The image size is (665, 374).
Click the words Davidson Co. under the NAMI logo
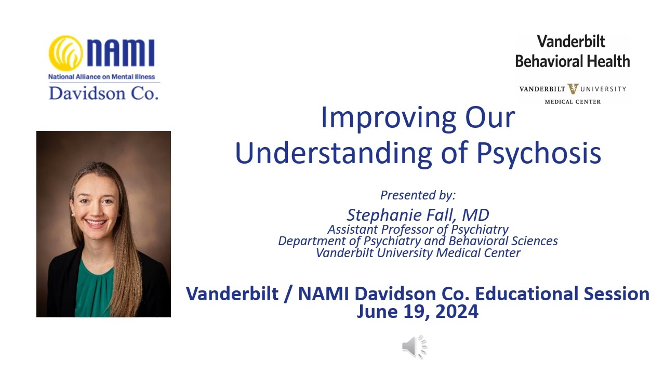coord(103,92)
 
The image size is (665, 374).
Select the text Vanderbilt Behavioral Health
coord(572,51)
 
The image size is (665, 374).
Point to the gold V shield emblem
coord(573,88)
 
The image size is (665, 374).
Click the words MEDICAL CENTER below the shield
coord(573,102)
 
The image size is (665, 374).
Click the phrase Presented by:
coord(418,195)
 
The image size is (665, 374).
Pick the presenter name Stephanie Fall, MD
coord(418,215)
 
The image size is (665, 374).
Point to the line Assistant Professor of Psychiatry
coord(418,229)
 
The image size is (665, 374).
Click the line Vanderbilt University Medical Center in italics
coord(418,253)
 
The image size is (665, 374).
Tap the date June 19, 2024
coord(417,312)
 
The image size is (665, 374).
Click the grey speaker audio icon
coord(414,347)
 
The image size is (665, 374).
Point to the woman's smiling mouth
coord(96,223)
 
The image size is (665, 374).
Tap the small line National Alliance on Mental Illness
coord(102,77)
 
